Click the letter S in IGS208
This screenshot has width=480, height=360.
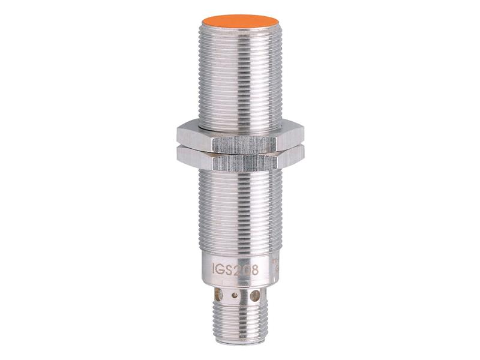coord(229,269)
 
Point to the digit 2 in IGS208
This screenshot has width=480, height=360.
coord(238,269)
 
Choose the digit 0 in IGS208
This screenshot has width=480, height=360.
coord(247,269)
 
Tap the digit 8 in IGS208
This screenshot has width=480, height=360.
coord(255,269)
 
